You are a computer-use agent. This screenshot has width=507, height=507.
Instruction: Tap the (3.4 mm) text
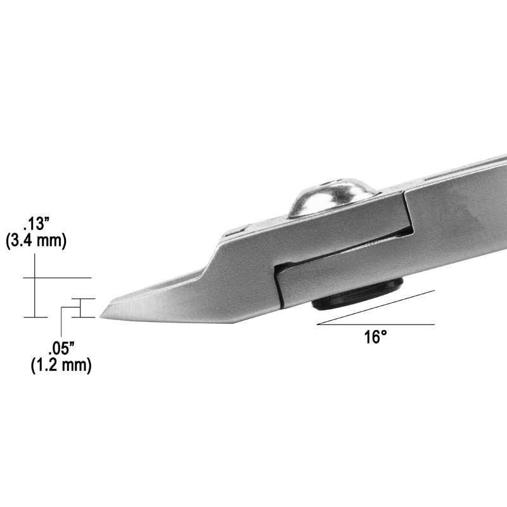click(x=36, y=241)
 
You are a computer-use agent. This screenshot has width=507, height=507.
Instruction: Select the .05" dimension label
click(x=61, y=349)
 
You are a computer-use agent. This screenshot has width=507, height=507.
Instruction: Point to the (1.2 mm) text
click(x=61, y=366)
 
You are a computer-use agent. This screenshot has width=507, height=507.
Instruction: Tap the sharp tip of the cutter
click(x=100, y=318)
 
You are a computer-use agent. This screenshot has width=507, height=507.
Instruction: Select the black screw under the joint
click(x=357, y=296)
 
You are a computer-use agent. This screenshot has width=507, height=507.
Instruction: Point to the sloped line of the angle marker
click(x=376, y=307)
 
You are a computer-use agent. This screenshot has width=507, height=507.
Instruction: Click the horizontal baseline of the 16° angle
click(x=376, y=324)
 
